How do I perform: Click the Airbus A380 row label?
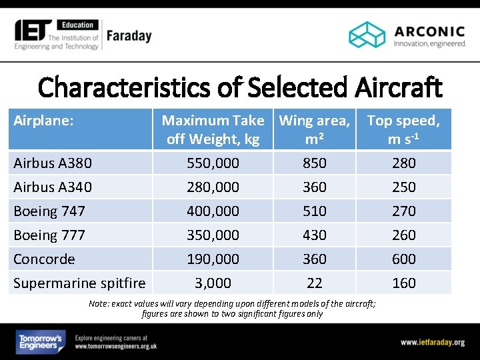click(53, 163)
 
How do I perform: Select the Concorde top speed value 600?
click(403, 259)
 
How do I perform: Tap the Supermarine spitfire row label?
click(79, 283)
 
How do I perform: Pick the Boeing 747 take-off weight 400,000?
click(213, 211)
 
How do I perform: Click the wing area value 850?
click(314, 163)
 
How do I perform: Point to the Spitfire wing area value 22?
click(314, 283)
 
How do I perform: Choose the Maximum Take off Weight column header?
click(213, 130)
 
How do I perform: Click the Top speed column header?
click(403, 130)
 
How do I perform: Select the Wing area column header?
click(314, 130)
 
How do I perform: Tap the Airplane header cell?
click(43, 121)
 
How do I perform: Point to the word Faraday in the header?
click(129, 36)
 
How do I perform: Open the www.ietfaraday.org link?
click(432, 343)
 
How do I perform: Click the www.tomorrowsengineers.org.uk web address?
click(116, 347)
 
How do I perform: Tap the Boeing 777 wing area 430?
click(314, 235)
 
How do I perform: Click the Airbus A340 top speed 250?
click(403, 187)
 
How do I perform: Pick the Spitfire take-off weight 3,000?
click(213, 283)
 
